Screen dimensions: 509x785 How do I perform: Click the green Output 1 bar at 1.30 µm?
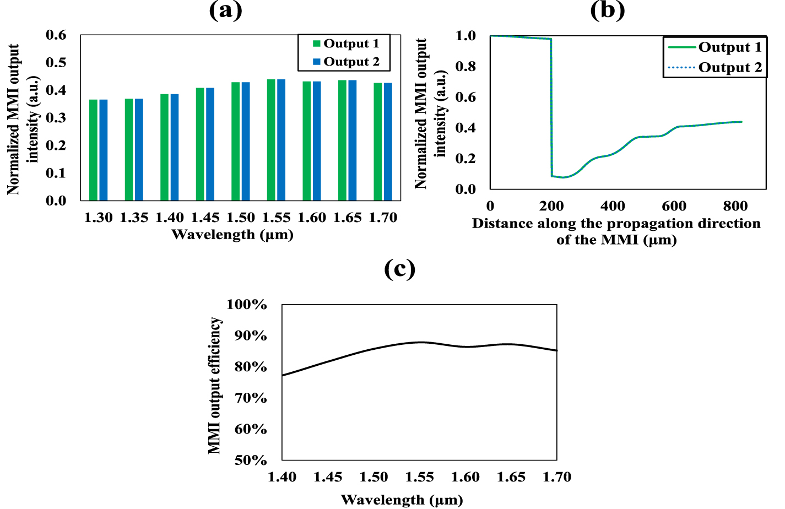(x=94, y=150)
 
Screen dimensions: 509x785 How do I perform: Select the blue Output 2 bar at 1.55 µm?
(x=281, y=140)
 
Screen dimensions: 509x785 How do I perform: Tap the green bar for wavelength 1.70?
(x=378, y=142)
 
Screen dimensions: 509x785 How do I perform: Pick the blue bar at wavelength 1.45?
(x=210, y=144)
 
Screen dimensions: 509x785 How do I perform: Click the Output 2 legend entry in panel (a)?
(x=346, y=62)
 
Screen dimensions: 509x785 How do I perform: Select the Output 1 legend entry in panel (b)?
(x=715, y=47)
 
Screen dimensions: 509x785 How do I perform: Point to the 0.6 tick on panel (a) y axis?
(x=56, y=35)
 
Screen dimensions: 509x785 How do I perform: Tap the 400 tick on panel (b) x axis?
(x=613, y=206)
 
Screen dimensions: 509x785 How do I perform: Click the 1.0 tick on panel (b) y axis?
(x=465, y=36)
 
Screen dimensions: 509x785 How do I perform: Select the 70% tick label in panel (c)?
(x=251, y=398)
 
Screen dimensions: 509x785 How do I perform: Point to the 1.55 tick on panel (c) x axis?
(x=419, y=477)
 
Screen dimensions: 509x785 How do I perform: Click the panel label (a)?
(x=225, y=10)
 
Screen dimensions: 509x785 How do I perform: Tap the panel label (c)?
(x=399, y=269)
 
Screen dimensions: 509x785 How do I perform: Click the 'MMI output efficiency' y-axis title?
(x=214, y=385)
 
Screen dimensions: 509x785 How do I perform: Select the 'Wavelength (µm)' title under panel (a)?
(x=232, y=235)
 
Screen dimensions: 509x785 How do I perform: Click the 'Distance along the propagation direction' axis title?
(x=616, y=224)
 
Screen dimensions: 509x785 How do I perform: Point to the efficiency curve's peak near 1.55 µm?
(x=420, y=342)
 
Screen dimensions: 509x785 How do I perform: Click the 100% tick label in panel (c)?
(x=247, y=305)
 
